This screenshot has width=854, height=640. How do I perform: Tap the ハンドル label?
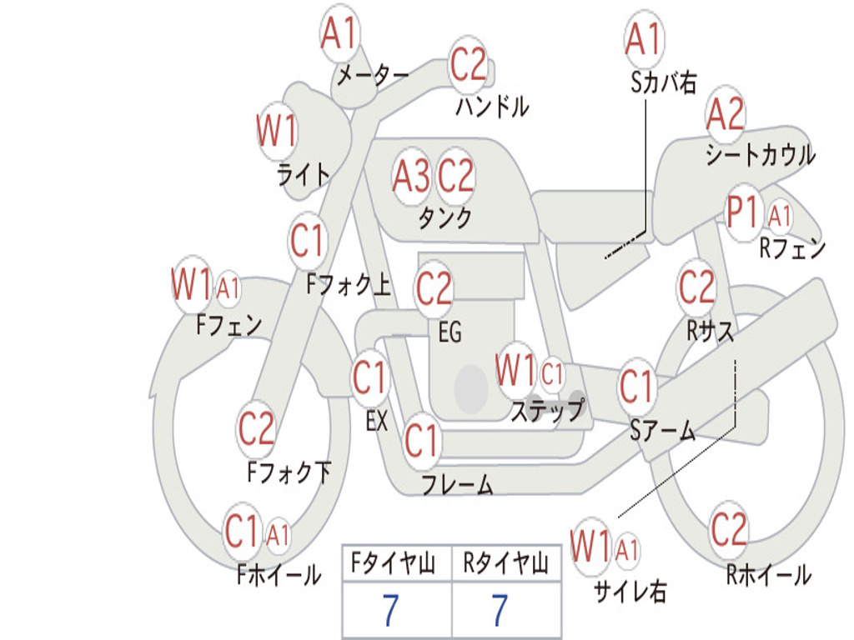(492, 107)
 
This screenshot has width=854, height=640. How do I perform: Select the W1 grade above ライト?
(276, 132)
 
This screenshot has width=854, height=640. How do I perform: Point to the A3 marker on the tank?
(411, 176)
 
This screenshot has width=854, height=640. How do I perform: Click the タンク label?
(445, 218)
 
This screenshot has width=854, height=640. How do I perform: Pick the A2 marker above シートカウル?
(725, 115)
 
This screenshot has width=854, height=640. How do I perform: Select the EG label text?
(450, 332)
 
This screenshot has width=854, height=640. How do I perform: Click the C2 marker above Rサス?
(696, 287)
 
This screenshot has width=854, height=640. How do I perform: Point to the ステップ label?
(547, 411)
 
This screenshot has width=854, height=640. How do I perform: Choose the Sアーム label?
(662, 430)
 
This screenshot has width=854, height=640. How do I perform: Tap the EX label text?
(377, 421)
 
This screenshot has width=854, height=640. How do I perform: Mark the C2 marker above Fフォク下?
(256, 428)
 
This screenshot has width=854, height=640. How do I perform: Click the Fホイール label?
(279, 574)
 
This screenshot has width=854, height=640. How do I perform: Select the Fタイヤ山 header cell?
(396, 564)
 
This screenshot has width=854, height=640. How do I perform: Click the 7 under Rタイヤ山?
(500, 611)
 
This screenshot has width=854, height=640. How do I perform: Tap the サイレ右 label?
(630, 591)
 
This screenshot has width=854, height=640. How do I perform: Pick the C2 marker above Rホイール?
(729, 528)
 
